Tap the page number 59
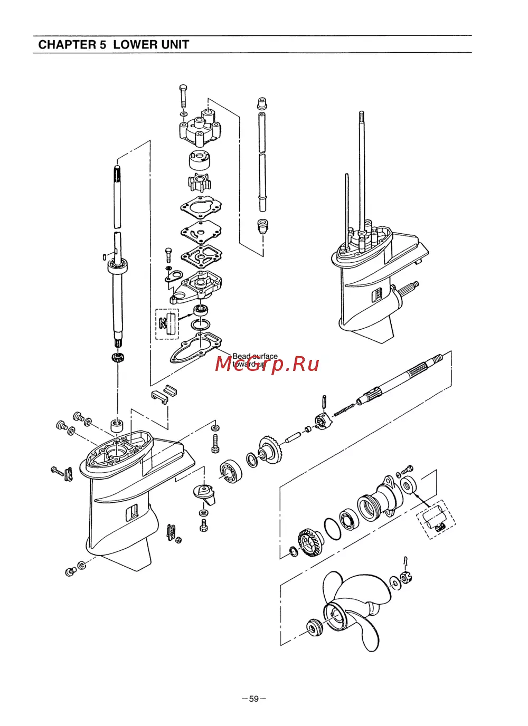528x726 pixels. [254, 699]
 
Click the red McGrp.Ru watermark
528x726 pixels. [268, 364]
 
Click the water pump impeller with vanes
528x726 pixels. [199, 183]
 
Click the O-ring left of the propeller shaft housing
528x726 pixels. [332, 528]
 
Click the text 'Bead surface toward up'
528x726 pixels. [254, 360]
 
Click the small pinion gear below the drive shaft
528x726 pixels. [117, 358]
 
